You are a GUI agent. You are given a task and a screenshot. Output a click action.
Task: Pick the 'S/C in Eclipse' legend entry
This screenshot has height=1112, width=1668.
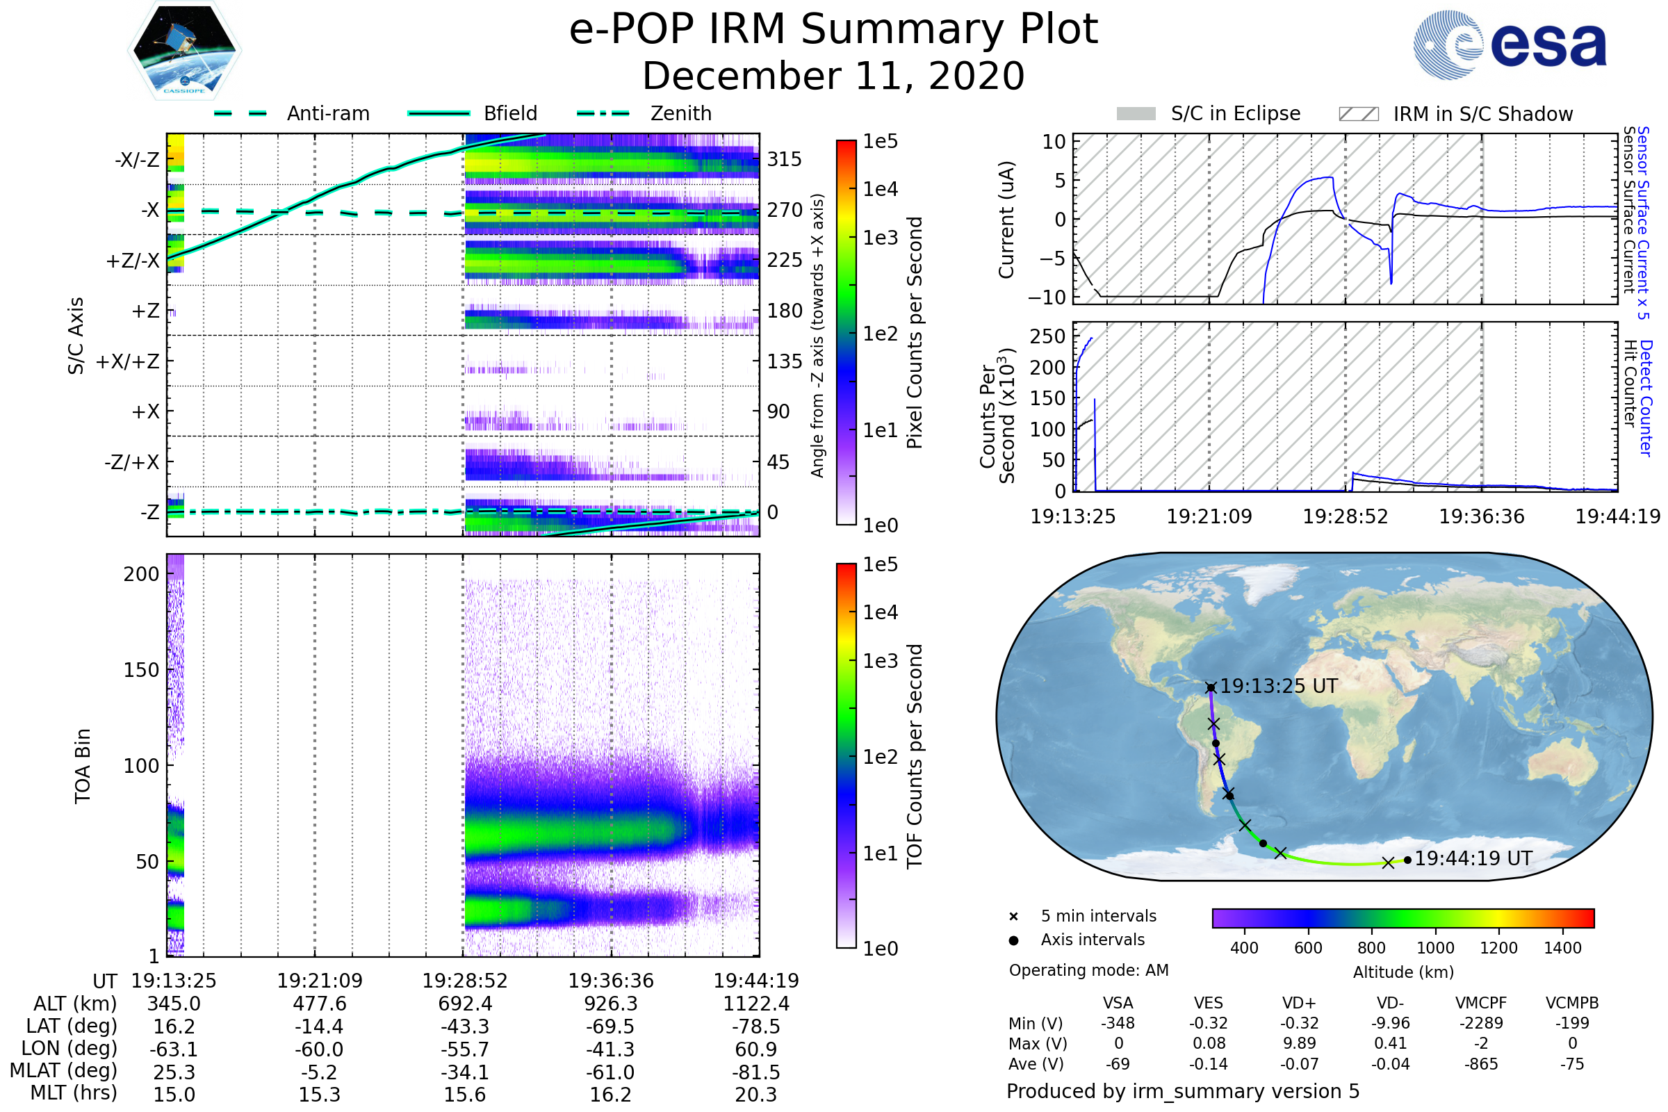[x=1209, y=113]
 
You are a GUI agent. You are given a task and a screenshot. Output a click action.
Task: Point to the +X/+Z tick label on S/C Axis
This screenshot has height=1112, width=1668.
[x=128, y=361]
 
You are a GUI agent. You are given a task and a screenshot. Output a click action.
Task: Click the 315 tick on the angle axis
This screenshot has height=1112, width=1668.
[x=785, y=159]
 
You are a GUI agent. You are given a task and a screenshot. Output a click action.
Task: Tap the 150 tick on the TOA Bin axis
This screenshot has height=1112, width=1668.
[x=141, y=670]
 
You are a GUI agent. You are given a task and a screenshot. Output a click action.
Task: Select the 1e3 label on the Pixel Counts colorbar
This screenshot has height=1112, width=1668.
[x=880, y=238]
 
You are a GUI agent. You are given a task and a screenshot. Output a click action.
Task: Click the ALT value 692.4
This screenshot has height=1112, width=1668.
[x=465, y=1004]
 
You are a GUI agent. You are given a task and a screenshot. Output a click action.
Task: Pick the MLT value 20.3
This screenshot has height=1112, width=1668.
[x=756, y=1094]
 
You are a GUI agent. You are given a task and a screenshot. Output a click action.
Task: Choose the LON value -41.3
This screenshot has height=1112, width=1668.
[x=611, y=1049]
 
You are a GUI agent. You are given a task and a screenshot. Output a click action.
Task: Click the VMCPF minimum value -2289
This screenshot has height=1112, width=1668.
[x=1481, y=1023]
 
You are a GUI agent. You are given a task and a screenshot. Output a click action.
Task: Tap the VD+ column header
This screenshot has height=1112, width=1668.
[x=1299, y=1003]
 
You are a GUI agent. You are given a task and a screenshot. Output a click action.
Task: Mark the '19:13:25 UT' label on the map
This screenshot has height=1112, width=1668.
[x=1279, y=686]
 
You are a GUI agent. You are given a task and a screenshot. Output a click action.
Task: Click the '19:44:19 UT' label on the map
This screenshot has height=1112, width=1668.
[x=1473, y=858]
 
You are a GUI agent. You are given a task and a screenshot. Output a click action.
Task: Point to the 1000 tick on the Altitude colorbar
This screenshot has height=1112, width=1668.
[x=1435, y=948]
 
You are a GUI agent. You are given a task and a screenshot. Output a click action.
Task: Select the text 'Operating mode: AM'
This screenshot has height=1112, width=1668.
[x=1088, y=970]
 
